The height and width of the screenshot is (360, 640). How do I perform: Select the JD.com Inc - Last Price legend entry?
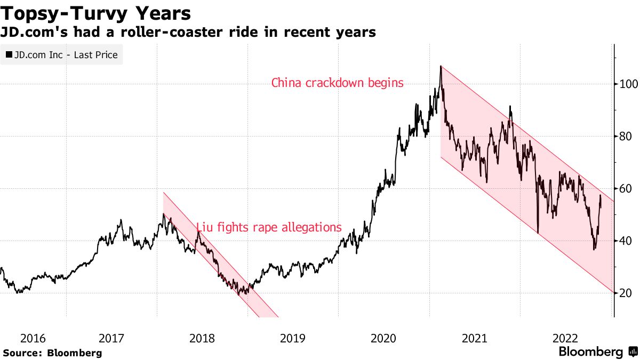62,54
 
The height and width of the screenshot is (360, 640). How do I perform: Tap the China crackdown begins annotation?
337,83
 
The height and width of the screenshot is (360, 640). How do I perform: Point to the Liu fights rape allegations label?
269,227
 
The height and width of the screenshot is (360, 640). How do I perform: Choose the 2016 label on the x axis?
33,338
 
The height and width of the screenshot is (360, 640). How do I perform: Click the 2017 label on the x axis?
111,338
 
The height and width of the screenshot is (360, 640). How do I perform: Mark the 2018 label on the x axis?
202,338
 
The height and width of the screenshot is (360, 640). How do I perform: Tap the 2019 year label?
293,338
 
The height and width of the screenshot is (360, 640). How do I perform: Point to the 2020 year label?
383,338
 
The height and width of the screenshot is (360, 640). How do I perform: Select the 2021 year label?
474,338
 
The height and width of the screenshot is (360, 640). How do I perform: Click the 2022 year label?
565,338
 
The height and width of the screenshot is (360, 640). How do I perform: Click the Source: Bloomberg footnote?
52,353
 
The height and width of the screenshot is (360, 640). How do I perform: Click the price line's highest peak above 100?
441,67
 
